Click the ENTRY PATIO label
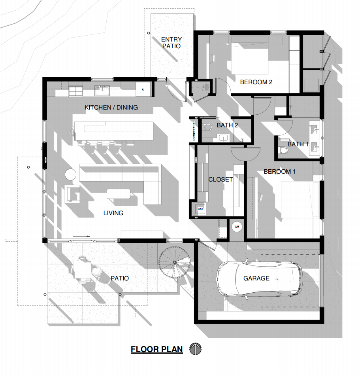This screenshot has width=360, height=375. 172,43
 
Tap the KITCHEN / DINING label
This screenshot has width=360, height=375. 111,107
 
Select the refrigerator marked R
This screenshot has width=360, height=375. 143,89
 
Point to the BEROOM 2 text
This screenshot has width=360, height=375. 256,82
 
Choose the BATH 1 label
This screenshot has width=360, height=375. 298,144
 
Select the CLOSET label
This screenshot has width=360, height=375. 221,179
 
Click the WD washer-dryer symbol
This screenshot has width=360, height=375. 200,208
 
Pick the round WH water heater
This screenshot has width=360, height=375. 237,227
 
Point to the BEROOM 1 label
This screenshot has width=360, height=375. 279,172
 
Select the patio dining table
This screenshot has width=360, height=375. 83,270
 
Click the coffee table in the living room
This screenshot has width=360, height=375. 119,194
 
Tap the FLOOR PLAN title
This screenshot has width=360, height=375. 156,349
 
